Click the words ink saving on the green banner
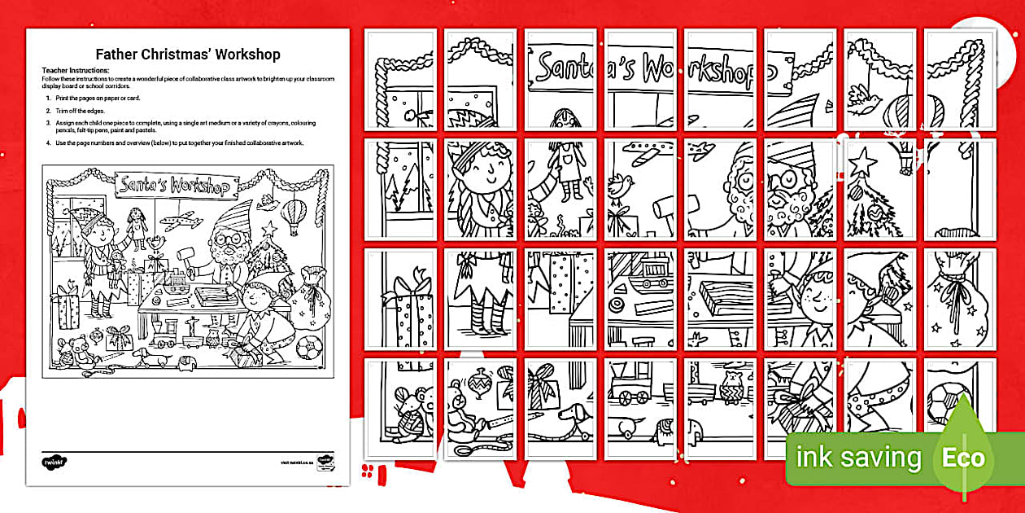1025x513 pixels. point(858,457)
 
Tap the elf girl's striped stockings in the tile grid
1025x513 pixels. point(485,313)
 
